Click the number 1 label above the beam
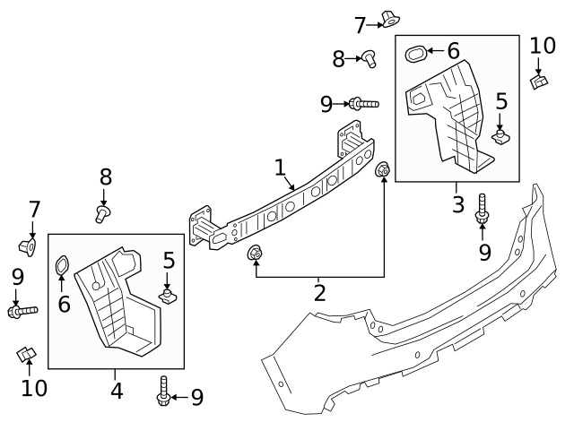point(280,168)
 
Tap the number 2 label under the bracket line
point(319,292)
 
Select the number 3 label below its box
point(457,204)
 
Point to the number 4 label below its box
point(116,391)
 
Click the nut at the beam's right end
point(383,169)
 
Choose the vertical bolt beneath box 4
point(163,391)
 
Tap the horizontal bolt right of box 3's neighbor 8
point(363,104)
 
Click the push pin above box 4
point(103,213)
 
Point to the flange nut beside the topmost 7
point(389,17)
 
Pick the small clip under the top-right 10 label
point(540,82)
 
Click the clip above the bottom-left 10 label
point(26,354)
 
